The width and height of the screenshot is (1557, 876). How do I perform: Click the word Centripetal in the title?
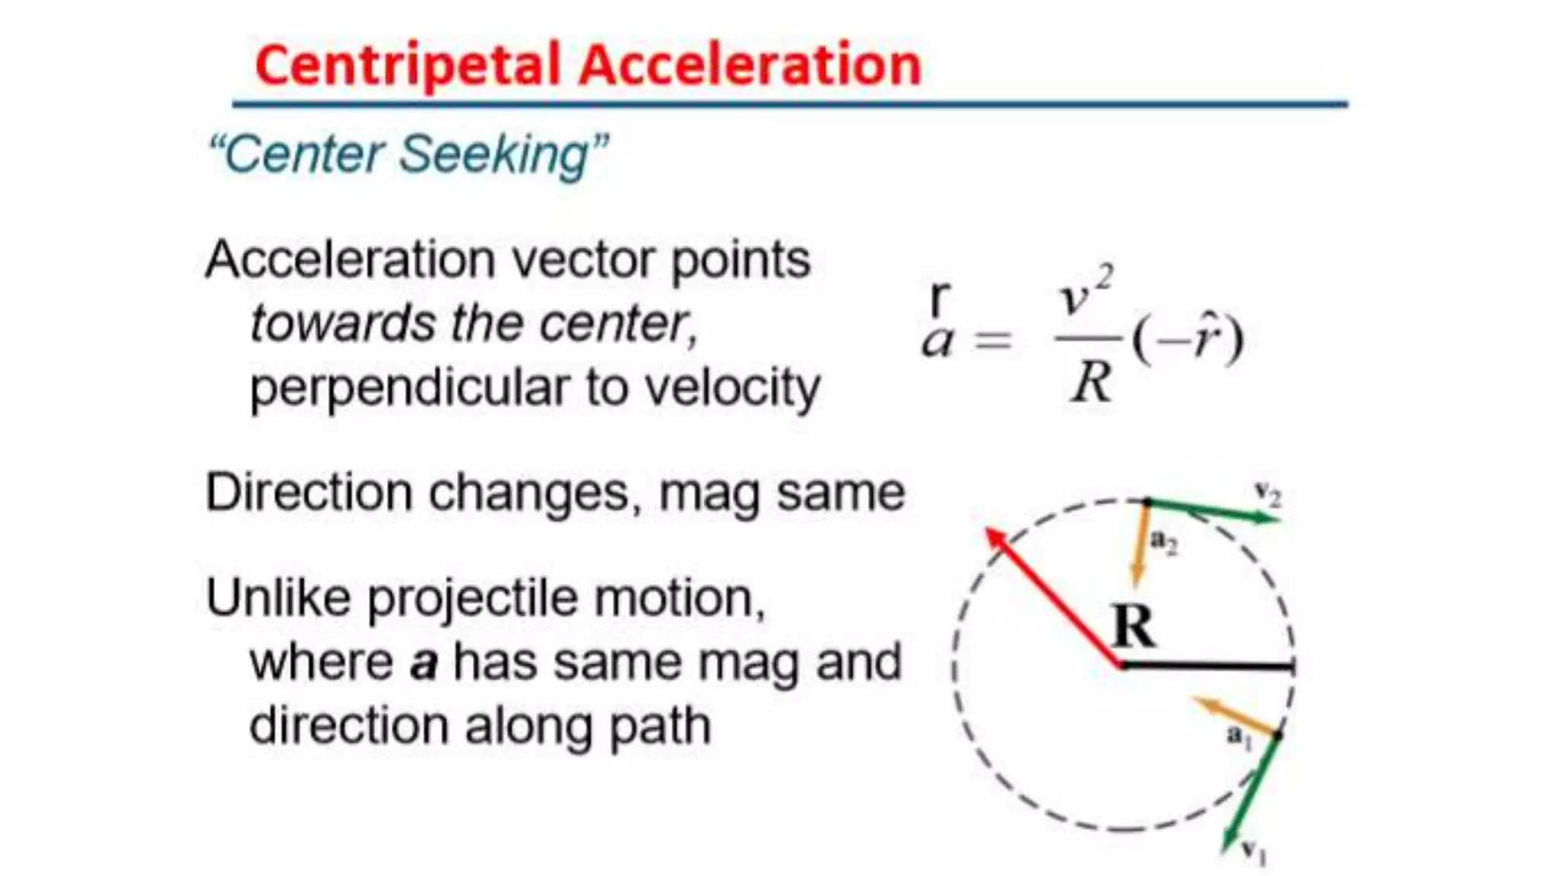(407, 65)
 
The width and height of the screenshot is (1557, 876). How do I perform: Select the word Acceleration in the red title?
(750, 65)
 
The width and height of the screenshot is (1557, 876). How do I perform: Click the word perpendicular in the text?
(409, 388)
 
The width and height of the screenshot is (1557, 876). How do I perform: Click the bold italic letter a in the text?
(423, 663)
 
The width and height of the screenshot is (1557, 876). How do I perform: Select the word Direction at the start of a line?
(309, 493)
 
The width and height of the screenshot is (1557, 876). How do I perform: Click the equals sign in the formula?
(993, 339)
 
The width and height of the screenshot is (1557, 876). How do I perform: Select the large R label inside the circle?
(1133, 627)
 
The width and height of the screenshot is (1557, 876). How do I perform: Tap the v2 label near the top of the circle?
(1267, 494)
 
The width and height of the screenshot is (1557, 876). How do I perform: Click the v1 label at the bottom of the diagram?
(1253, 851)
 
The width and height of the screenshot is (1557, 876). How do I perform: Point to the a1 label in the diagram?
(1238, 736)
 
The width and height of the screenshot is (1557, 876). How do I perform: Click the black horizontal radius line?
(1209, 666)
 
